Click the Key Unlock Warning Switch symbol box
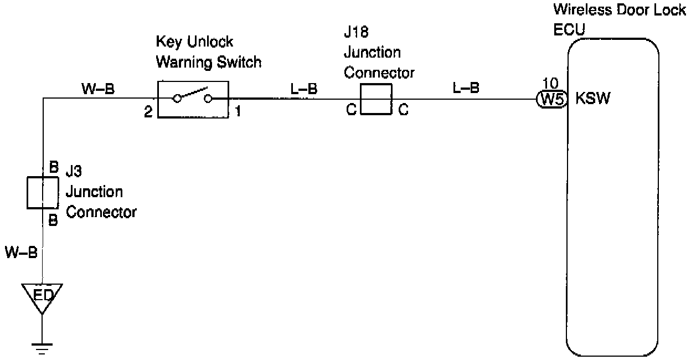coord(193,99)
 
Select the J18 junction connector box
coord(376,99)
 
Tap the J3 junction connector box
coord(42,193)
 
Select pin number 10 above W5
coord(550,84)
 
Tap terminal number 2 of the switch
coord(148,111)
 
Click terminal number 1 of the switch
coord(238,111)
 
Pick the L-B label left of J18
coord(303,88)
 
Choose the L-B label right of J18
coord(466,88)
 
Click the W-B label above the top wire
coord(98,88)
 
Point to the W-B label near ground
coord(21,253)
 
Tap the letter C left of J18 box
coord(351,111)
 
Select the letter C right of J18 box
coord(404,111)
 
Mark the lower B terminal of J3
coord(54,220)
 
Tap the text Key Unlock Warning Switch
coord(209,52)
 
